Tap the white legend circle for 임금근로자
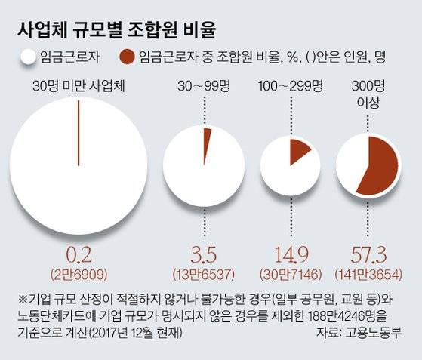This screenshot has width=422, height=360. point(29,56)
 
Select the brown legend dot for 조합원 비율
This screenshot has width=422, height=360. point(128,56)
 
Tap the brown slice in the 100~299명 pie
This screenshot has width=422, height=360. point(299,149)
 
